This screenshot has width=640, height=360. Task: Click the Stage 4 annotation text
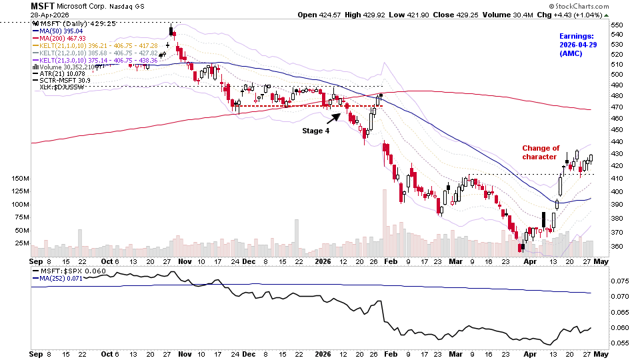pos(316,131)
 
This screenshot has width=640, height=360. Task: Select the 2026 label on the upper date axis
pos(324,262)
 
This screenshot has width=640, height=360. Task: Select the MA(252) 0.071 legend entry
pos(61,280)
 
